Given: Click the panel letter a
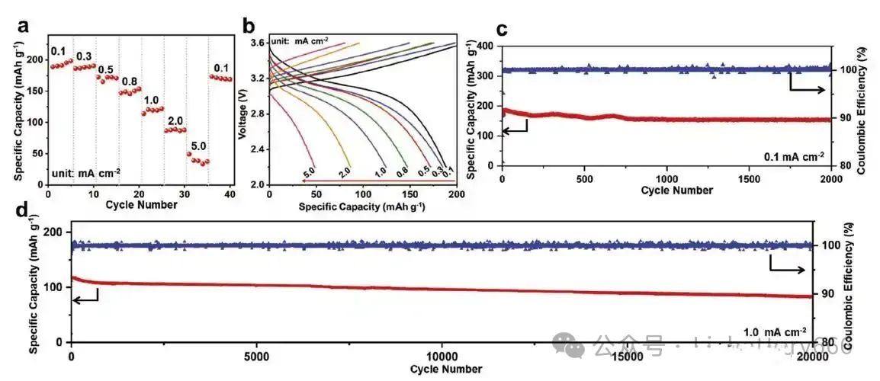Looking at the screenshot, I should (x=24, y=25).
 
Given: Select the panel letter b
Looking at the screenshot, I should (x=249, y=26).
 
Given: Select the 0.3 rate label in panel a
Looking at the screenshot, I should (x=84, y=56).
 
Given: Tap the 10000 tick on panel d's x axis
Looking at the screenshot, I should (x=442, y=357).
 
